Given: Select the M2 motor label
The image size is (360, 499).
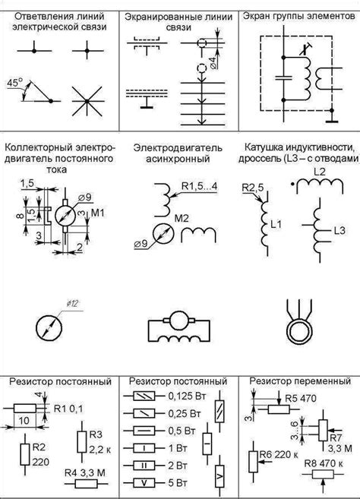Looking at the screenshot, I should coord(179,219).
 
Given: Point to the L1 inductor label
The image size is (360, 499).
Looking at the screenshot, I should coord(276,226).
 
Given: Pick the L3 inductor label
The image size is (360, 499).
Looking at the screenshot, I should coord(339,229).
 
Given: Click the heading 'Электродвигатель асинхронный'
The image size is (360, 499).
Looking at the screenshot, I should coord(179,152).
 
